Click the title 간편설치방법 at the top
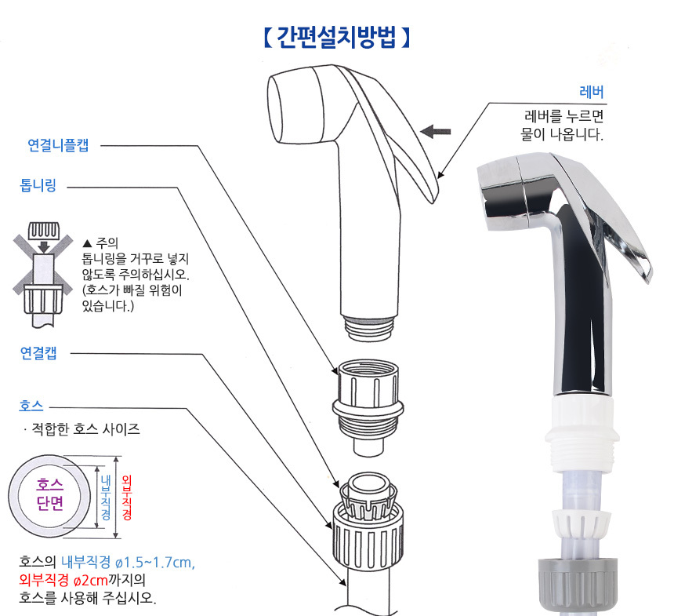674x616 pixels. [x=336, y=38]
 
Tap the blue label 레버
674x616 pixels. [x=592, y=92]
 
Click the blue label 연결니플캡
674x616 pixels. [x=58, y=145]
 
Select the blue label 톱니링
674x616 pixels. [x=38, y=185]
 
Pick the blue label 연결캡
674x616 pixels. [x=38, y=352]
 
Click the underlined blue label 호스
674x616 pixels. [x=31, y=406]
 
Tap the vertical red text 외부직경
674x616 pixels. [x=127, y=498]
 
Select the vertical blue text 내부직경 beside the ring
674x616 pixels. [x=106, y=498]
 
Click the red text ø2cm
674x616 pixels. [x=91, y=580]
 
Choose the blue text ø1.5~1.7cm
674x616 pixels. [x=155, y=562]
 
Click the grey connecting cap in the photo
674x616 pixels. [x=578, y=584]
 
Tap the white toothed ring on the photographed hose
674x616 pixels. [x=582, y=521]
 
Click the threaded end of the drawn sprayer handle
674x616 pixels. [x=369, y=328]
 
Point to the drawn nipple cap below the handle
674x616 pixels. [x=368, y=406]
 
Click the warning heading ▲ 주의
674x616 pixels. [x=100, y=242]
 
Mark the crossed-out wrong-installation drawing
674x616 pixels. [x=43, y=274]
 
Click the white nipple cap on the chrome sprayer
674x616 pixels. [x=582, y=434]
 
